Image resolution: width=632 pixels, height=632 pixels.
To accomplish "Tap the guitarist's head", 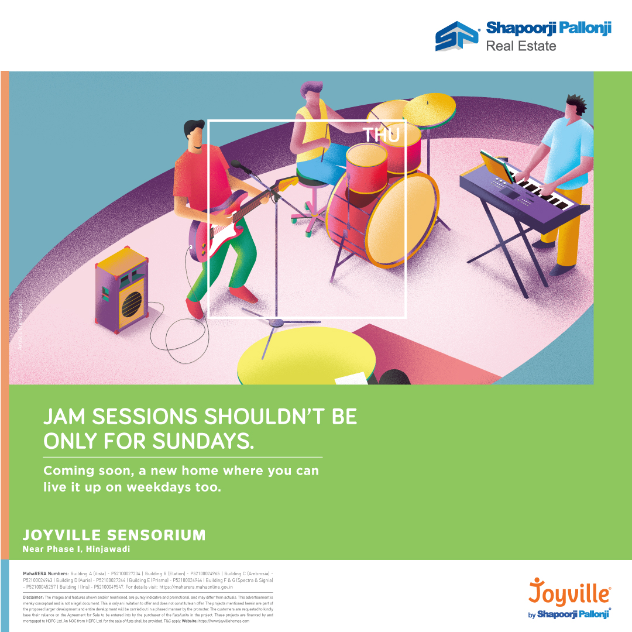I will point(194,136).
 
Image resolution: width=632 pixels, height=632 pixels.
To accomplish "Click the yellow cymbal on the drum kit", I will point(429,108).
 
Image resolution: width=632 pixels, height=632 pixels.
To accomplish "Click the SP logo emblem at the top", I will point(457,36).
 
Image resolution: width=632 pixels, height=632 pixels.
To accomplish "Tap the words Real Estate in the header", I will point(521,46).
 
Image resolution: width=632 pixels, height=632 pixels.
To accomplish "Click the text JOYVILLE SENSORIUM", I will point(114,535).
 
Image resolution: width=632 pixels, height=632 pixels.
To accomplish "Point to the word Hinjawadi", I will point(108,549).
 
